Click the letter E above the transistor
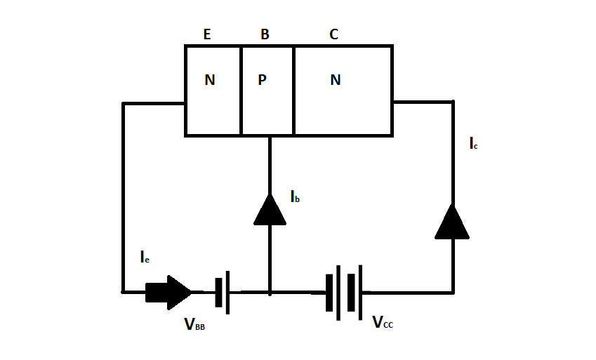207,34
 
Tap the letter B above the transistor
265,34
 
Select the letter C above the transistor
333,34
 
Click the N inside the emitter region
210,80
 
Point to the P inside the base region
263,80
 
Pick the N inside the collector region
336,80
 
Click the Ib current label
296,197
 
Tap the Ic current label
474,144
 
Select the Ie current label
145,258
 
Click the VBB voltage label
194,324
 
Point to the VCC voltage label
383,322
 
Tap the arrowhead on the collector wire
452,222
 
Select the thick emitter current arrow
168,293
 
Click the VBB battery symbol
223,293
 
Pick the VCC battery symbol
344,293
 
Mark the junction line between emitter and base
241,91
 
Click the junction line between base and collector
294,91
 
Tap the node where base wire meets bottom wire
270,293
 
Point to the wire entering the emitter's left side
154,103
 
